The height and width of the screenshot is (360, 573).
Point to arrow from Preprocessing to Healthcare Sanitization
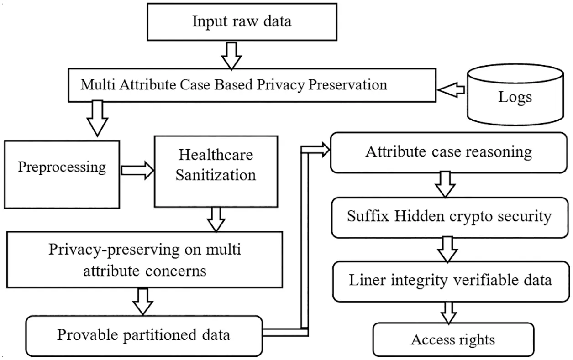[137, 171]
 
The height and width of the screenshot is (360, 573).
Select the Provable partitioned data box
[143, 335]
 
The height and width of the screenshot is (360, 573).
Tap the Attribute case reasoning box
[448, 152]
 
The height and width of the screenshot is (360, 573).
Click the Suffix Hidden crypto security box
[448, 217]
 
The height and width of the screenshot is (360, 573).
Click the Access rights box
[453, 340]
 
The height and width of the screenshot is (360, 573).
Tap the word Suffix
[368, 216]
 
